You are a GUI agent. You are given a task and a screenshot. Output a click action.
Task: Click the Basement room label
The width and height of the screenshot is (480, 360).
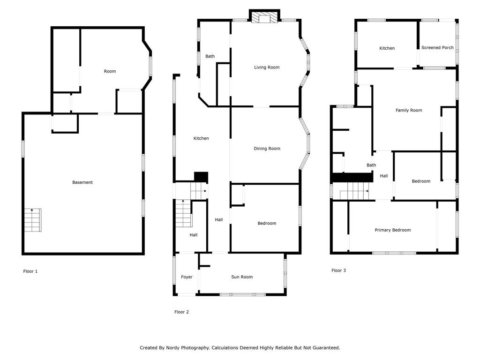tap(82, 182)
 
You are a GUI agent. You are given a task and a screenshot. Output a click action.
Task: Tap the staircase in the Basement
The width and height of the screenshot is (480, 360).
tap(33, 220)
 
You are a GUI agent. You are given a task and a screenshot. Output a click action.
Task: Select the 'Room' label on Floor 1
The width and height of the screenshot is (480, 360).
tap(110, 71)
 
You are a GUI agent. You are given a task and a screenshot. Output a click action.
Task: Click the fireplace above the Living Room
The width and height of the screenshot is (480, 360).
tap(264, 17)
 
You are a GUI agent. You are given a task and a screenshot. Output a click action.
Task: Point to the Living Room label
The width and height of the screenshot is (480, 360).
tap(267, 67)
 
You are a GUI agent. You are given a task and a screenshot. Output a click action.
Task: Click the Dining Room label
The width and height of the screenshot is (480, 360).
tap(267, 149)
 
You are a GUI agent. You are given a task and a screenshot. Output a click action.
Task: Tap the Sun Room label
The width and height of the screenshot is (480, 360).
tap(242, 277)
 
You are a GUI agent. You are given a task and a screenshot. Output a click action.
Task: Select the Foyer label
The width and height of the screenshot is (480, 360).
tap(187, 277)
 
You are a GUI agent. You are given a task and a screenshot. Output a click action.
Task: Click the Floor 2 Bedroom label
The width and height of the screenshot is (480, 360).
tap(267, 223)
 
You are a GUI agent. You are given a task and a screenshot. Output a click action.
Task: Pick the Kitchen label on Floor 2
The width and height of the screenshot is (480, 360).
tap(201, 138)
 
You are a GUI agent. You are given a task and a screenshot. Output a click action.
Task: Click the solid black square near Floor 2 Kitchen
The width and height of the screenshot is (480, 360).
tap(201, 177)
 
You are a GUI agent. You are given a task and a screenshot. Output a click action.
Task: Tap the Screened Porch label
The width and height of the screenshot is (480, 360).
tap(437, 48)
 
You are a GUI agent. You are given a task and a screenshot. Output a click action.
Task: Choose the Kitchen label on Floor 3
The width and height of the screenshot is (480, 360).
tap(387, 48)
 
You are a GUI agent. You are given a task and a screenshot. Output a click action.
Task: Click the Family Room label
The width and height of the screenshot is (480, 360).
tap(409, 111)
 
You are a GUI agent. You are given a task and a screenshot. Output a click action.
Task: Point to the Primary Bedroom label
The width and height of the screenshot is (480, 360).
tap(392, 230)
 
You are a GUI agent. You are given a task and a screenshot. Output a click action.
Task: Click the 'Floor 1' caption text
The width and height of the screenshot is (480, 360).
tap(30, 271)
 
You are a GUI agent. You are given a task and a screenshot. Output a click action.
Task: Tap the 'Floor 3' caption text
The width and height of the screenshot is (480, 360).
tap(338, 270)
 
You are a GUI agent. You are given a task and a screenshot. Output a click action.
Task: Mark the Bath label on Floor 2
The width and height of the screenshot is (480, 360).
tap(210, 56)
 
